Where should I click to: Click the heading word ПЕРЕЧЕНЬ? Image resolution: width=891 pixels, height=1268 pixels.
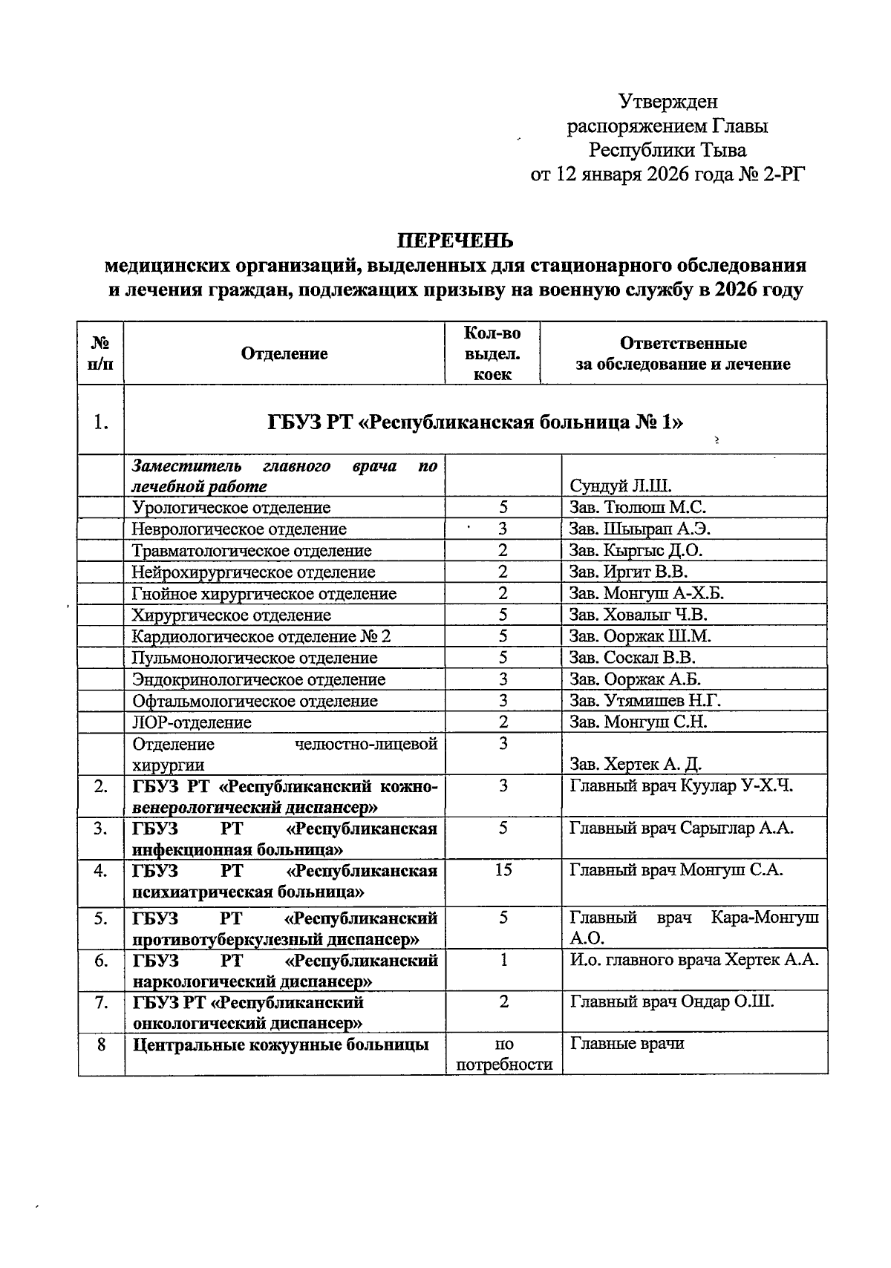point(454,241)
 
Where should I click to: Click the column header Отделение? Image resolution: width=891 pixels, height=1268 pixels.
point(284,353)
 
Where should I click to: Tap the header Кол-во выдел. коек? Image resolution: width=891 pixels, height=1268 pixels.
point(492,354)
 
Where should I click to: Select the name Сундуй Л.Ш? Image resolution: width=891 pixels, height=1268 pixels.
point(620,486)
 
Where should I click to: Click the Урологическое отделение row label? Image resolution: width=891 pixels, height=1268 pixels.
point(231,508)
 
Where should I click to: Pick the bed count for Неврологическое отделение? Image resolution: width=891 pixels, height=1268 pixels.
point(503,529)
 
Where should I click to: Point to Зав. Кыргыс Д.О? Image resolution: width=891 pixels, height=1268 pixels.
point(636,550)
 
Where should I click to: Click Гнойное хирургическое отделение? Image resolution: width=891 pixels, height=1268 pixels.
point(264,593)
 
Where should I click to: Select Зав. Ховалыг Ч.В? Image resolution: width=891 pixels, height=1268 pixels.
point(638,615)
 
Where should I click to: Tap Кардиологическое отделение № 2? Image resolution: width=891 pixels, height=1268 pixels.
point(261,636)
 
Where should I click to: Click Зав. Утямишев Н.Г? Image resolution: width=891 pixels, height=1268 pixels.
point(644,700)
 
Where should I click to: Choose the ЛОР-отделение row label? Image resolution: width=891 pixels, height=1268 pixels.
point(192,722)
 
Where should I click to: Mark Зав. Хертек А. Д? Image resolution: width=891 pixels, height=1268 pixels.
point(636,764)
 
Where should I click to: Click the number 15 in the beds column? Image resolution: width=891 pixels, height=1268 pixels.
point(503,869)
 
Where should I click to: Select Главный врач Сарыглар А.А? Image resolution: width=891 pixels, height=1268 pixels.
point(681,828)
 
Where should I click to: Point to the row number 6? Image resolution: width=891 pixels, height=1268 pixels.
point(100,961)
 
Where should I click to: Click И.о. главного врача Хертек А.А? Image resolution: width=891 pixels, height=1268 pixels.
point(693,960)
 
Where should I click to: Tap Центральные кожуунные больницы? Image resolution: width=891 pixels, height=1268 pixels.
point(281,1045)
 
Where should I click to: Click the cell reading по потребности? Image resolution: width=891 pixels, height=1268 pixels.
point(503,1054)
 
